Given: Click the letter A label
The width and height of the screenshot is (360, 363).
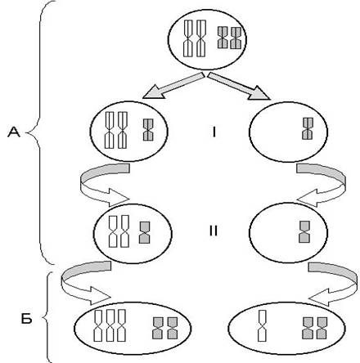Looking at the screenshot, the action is point(14,132).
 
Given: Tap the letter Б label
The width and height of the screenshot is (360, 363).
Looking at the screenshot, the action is point(27,318).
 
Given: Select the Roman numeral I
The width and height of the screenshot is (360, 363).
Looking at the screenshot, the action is point(214,132).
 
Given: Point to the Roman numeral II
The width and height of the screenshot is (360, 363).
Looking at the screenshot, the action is point(214,231).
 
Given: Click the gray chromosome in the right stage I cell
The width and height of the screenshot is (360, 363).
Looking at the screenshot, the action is point(308,128).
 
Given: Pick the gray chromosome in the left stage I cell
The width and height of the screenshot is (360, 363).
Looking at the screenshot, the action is point(148,130).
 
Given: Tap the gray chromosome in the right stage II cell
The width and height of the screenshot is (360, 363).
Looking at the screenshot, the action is point(304,232).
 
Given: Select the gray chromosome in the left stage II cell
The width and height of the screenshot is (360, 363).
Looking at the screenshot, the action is point(145,232).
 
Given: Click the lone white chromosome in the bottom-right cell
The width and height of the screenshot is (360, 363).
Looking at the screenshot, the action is point(262,325).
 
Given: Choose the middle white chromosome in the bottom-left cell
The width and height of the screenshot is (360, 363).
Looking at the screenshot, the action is point(110,325).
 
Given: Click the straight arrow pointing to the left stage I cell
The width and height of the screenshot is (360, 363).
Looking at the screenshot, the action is point(173,86).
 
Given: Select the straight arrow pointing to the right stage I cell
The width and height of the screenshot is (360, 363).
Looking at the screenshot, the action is point(239,86).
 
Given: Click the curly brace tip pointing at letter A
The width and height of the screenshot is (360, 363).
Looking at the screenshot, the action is point(26,133).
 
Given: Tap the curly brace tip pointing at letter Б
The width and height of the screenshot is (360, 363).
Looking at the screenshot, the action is point(43,318).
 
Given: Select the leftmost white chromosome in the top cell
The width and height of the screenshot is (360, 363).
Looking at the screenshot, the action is point(188,38).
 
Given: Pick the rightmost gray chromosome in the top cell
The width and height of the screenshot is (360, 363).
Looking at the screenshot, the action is point(236,38).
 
